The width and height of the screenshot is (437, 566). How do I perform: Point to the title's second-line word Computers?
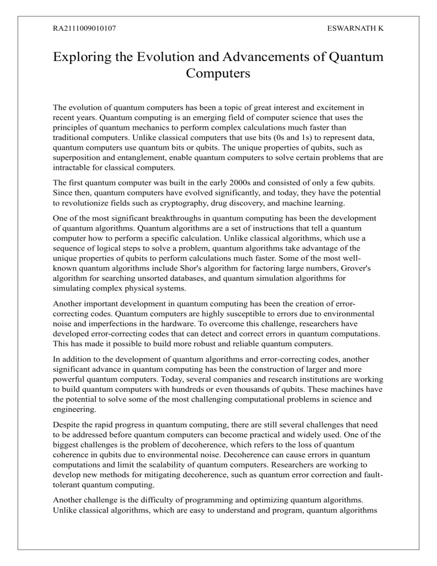[218, 76]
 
